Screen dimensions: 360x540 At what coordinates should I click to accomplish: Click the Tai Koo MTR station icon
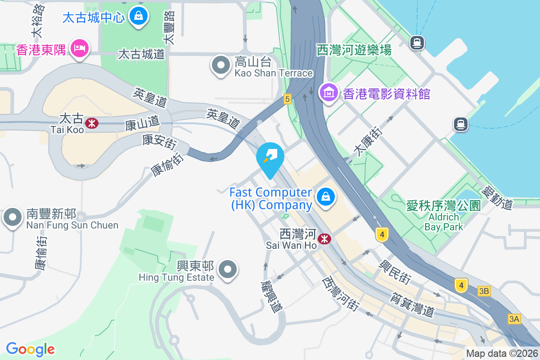pyautogui.click(x=92, y=123)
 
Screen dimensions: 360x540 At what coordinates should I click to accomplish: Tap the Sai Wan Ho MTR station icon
pyautogui.click(x=324, y=239)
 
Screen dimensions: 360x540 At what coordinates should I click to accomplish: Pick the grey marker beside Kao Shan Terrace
pyautogui.click(x=220, y=66)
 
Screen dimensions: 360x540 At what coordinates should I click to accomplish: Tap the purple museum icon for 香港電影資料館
pyautogui.click(x=329, y=93)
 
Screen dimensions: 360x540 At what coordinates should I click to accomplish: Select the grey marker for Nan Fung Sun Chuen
pyautogui.click(x=13, y=218)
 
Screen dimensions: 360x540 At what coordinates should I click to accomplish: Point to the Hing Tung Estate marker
pyautogui.click(x=227, y=270)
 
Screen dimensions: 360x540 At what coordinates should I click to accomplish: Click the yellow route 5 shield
pyautogui.click(x=288, y=99)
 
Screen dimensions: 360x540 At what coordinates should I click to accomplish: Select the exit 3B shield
pyautogui.click(x=484, y=291)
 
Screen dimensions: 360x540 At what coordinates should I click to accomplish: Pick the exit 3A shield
pyautogui.click(x=514, y=319)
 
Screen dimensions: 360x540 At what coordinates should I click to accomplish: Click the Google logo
pyautogui.click(x=31, y=349)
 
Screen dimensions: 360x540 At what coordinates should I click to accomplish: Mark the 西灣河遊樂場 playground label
pyautogui.click(x=354, y=49)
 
